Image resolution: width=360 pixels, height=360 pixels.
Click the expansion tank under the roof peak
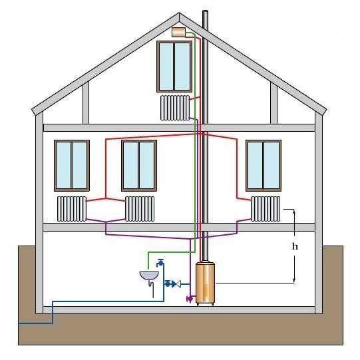[178, 32]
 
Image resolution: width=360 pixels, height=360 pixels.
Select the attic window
[174, 67]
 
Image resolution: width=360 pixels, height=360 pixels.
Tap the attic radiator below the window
[175, 108]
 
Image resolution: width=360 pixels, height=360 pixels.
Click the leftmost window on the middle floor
[72, 166]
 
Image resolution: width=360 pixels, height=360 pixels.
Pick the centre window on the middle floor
[139, 166]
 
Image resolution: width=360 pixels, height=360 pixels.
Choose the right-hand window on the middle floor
[264, 166]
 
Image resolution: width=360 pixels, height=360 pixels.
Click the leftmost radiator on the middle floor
[72, 209]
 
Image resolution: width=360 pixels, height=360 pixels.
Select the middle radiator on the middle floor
[140, 209]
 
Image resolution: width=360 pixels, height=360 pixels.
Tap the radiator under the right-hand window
[266, 209]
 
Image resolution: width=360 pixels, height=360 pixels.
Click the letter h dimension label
[295, 247]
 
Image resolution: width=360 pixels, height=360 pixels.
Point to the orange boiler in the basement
[205, 283]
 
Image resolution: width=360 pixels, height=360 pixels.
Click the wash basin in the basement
[149, 275]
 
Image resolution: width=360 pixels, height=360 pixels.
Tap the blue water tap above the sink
[160, 262]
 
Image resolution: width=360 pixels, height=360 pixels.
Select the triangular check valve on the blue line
[176, 284]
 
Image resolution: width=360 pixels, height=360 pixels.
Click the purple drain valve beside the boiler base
[190, 299]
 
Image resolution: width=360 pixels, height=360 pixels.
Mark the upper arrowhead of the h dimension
[294, 211]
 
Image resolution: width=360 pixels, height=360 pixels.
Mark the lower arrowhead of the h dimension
[294, 281]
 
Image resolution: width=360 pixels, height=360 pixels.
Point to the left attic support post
[86, 103]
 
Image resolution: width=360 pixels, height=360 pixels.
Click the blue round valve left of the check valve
[168, 284]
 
